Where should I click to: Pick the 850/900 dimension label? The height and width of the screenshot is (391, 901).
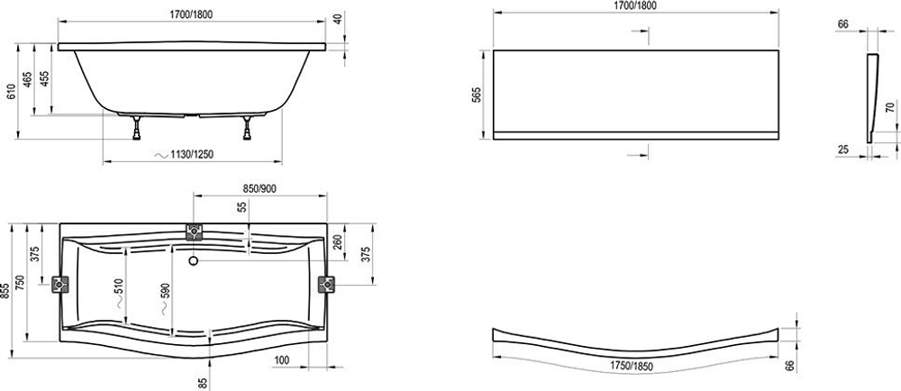pos(261,187)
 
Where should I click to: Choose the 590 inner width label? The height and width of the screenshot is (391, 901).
pos(163,291)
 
